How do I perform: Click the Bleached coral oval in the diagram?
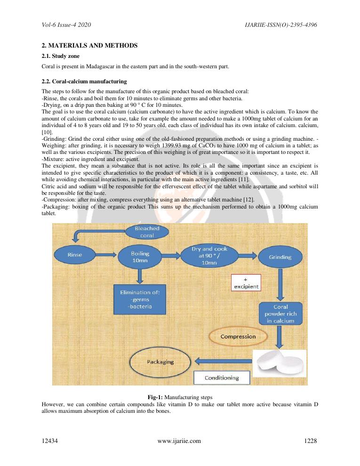147,232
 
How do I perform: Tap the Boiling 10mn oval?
140,257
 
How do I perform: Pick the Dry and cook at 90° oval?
209,256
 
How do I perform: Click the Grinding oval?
280,257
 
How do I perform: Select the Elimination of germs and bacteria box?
140,299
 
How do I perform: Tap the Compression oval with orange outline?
238,337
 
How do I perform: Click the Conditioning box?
221,378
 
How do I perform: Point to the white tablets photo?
280,365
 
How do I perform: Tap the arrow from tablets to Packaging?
224,362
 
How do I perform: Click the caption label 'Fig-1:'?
155,398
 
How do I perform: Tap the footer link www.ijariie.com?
179,441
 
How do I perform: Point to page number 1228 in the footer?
311,441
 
